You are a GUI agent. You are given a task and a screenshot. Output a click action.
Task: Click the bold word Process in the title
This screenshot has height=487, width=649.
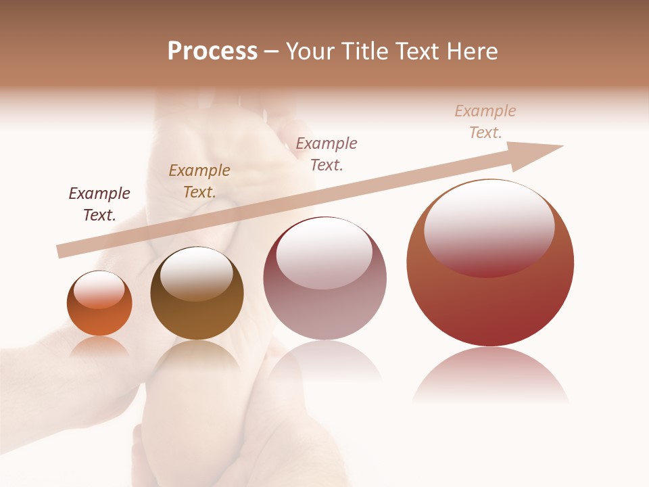pyautogui.click(x=212, y=51)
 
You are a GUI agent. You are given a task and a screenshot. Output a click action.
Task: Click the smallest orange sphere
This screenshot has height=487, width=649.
pyautogui.click(x=99, y=318)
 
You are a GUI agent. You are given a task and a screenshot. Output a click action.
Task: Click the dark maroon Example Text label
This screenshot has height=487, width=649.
pyautogui.click(x=99, y=204)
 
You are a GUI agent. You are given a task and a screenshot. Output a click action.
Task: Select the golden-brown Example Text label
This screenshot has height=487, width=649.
pyautogui.click(x=199, y=181)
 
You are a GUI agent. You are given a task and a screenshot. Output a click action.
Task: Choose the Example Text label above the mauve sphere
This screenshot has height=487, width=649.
pyautogui.click(x=327, y=154)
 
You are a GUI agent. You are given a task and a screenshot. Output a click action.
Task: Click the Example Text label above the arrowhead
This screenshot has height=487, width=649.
pyautogui.click(x=485, y=122)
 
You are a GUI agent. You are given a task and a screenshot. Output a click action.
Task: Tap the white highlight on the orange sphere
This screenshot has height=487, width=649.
pyautogui.click(x=99, y=290)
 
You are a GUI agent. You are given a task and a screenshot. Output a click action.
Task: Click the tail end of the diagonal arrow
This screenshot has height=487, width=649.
pyautogui.click(x=62, y=251)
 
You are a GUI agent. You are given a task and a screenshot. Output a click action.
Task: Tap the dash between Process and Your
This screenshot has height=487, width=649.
pyautogui.click(x=271, y=51)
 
